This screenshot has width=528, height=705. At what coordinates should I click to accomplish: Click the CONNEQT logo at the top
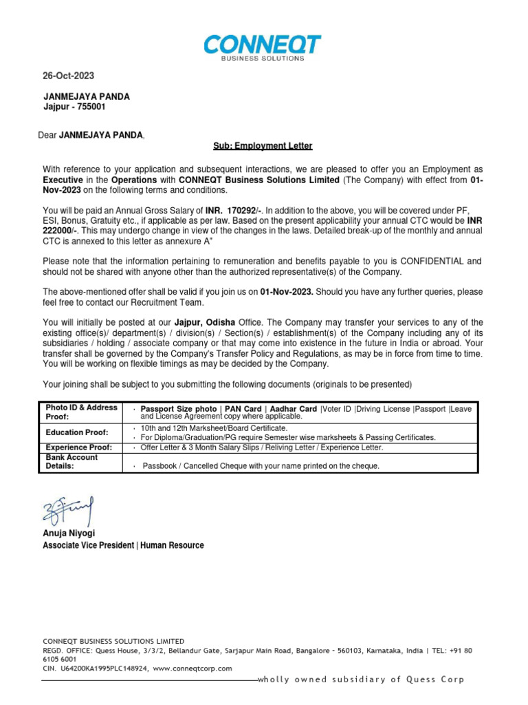coord(262,48)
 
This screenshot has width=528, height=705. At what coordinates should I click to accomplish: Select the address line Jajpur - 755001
coord(75,107)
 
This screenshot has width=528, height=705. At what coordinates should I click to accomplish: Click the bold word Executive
coord(64,180)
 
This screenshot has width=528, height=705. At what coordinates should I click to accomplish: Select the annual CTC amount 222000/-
coord(61,231)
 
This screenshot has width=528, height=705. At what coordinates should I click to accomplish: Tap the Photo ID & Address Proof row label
coord(72,412)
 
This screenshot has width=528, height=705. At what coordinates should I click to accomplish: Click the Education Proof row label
coord(77,432)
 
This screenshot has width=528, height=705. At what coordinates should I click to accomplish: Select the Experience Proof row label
coord(78,447)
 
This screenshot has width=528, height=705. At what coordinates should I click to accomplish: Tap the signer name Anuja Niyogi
coord(69,534)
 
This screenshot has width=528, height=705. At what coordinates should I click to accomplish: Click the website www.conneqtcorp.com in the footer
coord(192,668)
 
